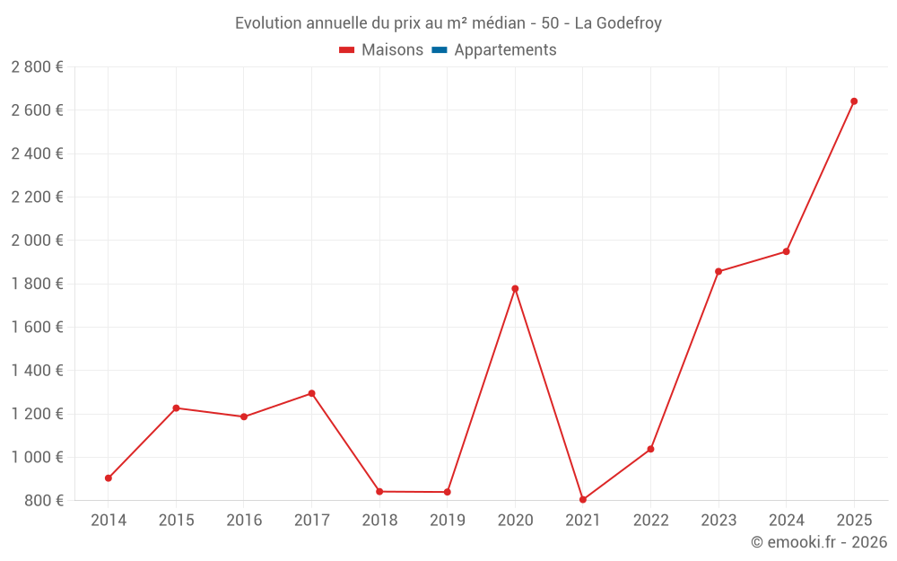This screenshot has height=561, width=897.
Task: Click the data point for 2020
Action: click(515, 288)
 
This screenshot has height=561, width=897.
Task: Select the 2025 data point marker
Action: click(854, 101)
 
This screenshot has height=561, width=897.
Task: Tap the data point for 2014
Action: click(109, 478)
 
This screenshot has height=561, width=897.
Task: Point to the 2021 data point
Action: click(583, 500)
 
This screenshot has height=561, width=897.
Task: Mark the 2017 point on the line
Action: click(311, 393)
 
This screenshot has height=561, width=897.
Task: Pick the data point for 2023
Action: click(718, 271)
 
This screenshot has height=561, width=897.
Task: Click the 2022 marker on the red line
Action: click(650, 449)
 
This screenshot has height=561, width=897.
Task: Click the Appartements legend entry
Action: click(505, 50)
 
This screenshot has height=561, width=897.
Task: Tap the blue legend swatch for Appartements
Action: click(440, 50)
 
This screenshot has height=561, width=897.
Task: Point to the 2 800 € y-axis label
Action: click(38, 67)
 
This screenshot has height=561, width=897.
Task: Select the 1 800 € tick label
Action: click(38, 284)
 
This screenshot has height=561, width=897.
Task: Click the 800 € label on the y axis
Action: click(43, 500)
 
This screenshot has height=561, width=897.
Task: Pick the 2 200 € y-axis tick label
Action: click(38, 197)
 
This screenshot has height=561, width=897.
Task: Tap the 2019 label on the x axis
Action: click(447, 520)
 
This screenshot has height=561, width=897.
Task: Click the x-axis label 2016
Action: click(244, 520)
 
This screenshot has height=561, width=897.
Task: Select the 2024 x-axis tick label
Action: click(786, 520)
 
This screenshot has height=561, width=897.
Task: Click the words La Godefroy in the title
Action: click(618, 23)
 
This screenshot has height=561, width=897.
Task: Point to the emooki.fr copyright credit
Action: click(818, 542)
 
